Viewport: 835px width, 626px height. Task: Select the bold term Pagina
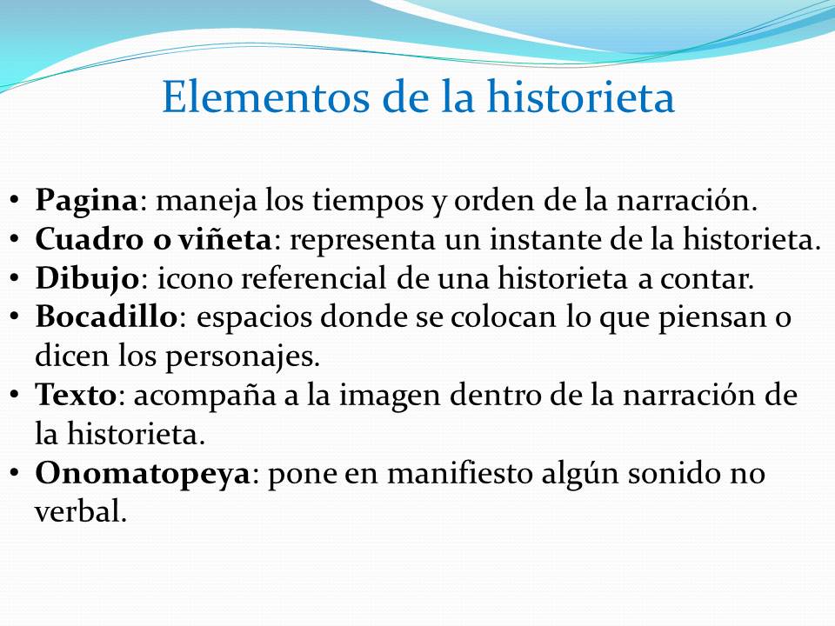pyautogui.click(x=86, y=203)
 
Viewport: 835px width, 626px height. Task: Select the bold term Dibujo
pyautogui.click(x=86, y=278)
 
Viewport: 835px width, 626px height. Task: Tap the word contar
pyautogui.click(x=708, y=278)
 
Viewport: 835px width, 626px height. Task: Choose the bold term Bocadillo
pyautogui.click(x=106, y=317)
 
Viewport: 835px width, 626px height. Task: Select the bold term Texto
pyautogui.click(x=76, y=396)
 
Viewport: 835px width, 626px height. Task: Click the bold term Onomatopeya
pyautogui.click(x=143, y=475)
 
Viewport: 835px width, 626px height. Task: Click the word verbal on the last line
pyautogui.click(x=81, y=512)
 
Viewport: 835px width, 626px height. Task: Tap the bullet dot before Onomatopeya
pyautogui.click(x=16, y=473)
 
